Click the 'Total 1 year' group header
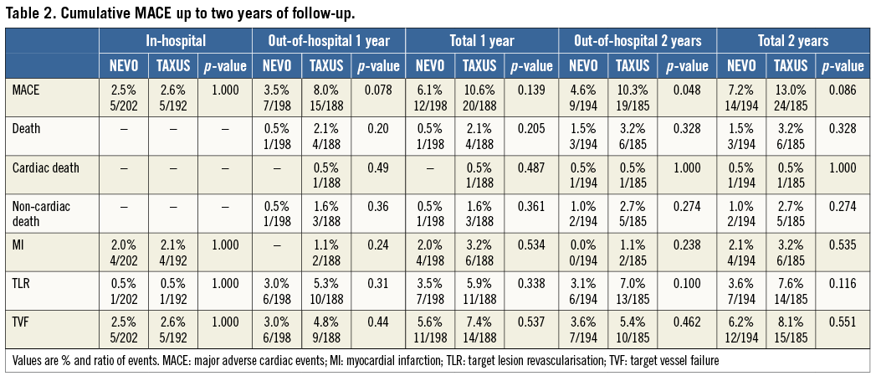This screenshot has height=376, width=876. pyautogui.click(x=480, y=39)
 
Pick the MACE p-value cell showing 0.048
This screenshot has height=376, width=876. pyautogui.click(x=688, y=91)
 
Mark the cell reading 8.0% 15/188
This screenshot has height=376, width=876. pyautogui.click(x=326, y=91)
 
